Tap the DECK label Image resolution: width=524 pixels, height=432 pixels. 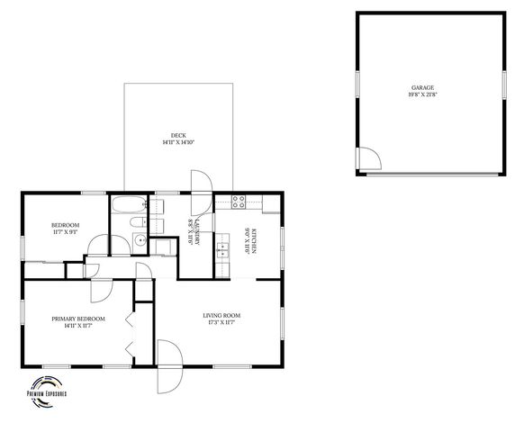point(178,135)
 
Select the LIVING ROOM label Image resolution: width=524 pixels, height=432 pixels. point(221,315)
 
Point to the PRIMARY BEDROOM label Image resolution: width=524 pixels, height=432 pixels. point(78,319)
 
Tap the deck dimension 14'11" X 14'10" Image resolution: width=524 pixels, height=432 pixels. point(178,142)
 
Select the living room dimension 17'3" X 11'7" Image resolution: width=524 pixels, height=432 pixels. point(221,322)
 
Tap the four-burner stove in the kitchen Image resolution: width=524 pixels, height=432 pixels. point(239,202)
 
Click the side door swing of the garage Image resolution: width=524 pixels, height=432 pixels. point(368,159)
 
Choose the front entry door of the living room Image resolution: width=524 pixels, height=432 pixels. point(169,364)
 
